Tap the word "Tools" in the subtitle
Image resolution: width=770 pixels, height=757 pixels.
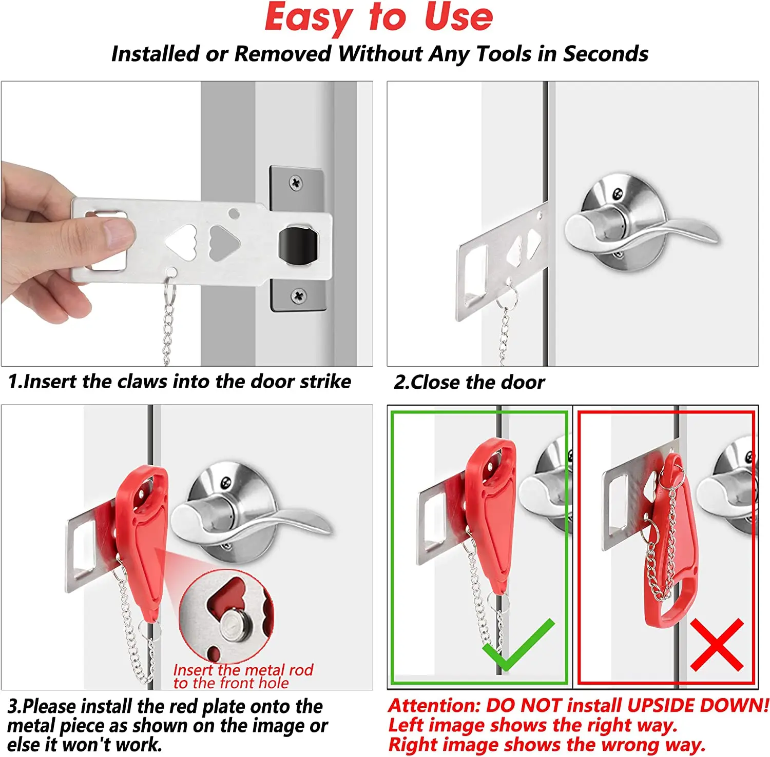pyautogui.click(x=504, y=54)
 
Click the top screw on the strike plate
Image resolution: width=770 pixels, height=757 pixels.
pyautogui.click(x=296, y=183)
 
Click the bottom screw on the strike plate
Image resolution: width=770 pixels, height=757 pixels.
pyautogui.click(x=298, y=295)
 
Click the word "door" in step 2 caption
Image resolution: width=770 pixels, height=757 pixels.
pyautogui.click(x=523, y=383)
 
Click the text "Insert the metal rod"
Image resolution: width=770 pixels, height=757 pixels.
pyautogui.click(x=243, y=670)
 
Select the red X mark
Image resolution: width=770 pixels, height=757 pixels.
pyautogui.click(x=717, y=645)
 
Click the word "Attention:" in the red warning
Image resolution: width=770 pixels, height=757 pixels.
pyautogui.click(x=434, y=706)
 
